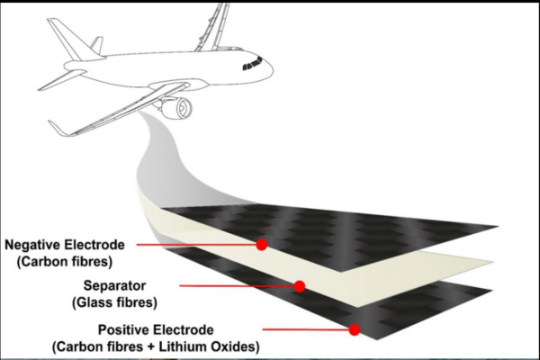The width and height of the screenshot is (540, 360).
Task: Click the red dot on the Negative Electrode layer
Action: [x=262, y=244]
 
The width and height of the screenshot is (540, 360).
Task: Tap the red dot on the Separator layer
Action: [x=300, y=286]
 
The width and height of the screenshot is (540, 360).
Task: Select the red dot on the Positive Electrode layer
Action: [x=355, y=329]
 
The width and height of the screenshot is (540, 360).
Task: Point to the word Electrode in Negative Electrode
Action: [x=100, y=244]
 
